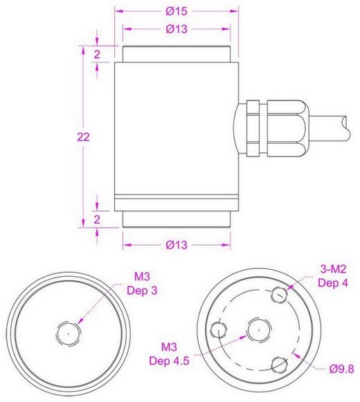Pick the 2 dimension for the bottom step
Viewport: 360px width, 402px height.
(x=98, y=219)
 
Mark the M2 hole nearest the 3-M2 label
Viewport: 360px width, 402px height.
(x=279, y=294)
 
